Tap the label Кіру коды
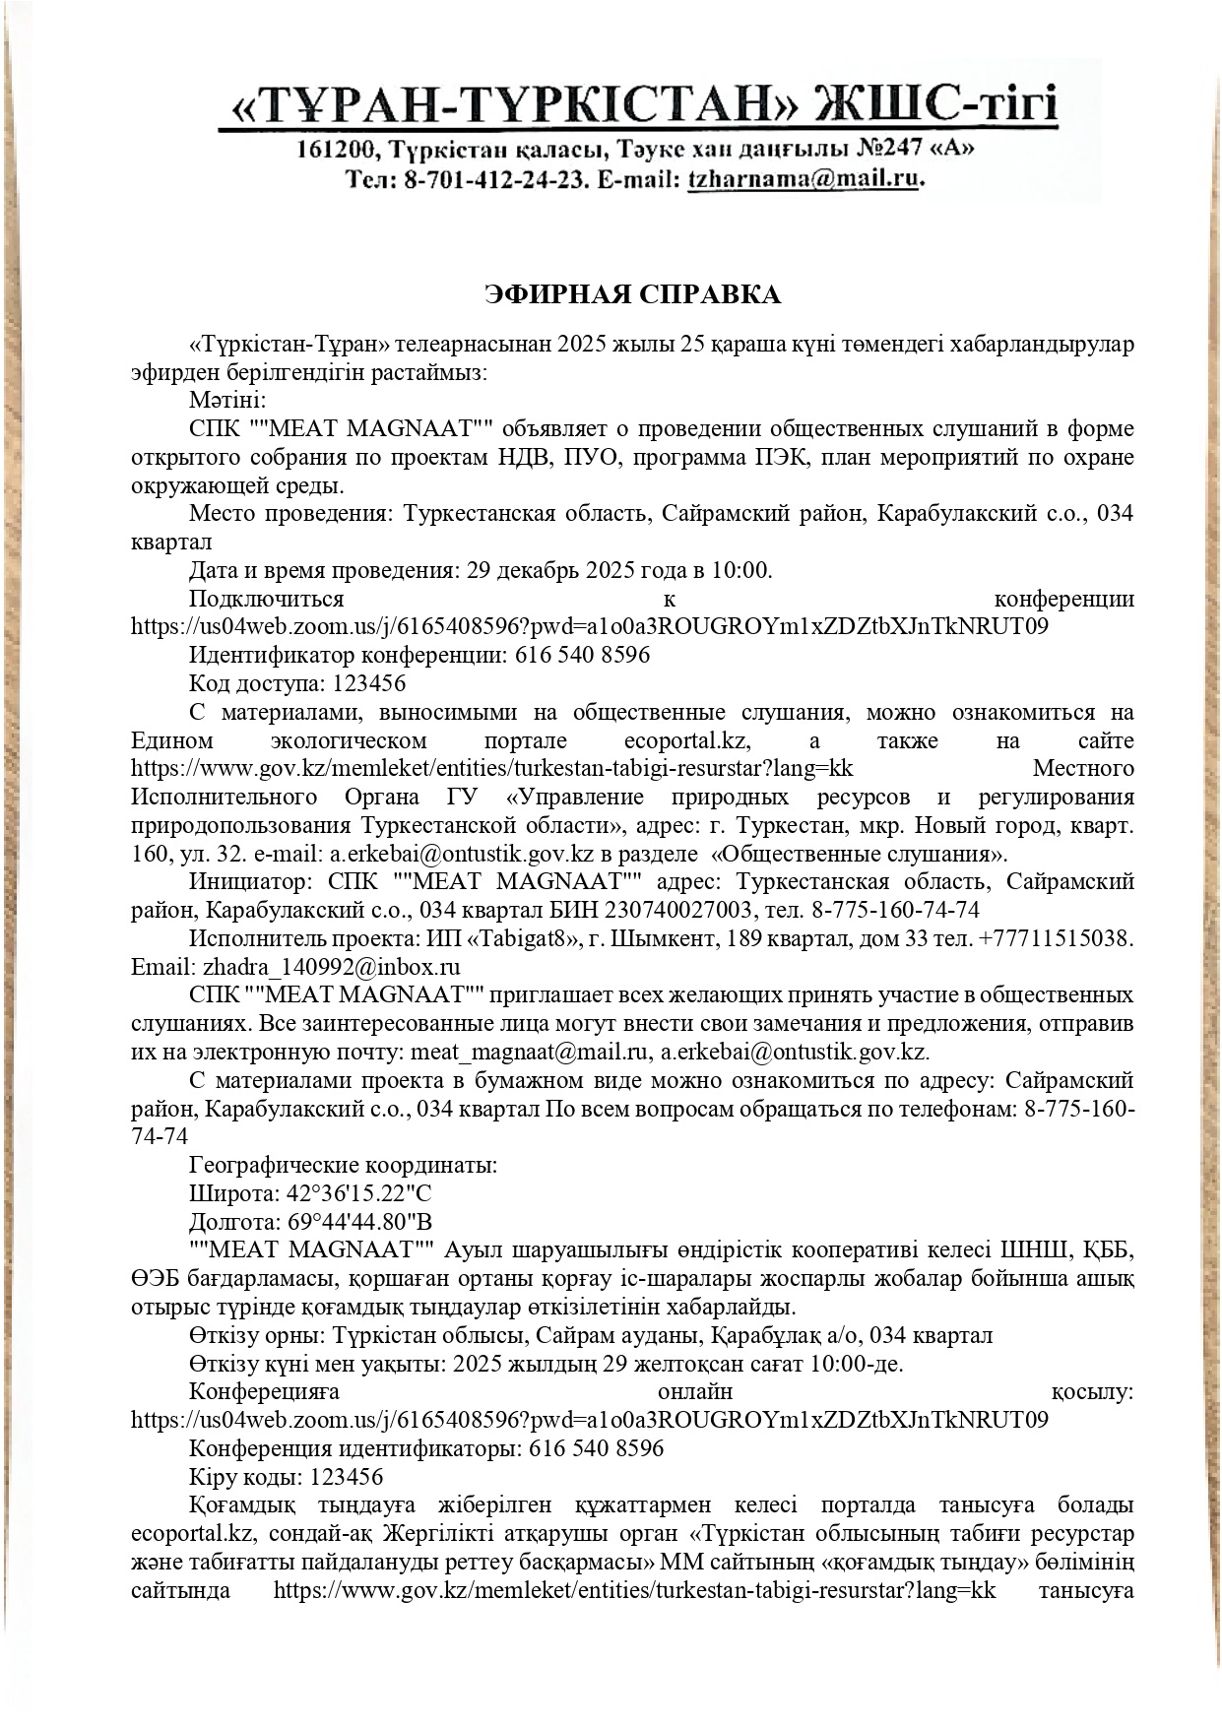(245, 1477)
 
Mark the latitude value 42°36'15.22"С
(358, 1193)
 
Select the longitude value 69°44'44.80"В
(358, 1222)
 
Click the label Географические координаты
(343, 1166)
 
